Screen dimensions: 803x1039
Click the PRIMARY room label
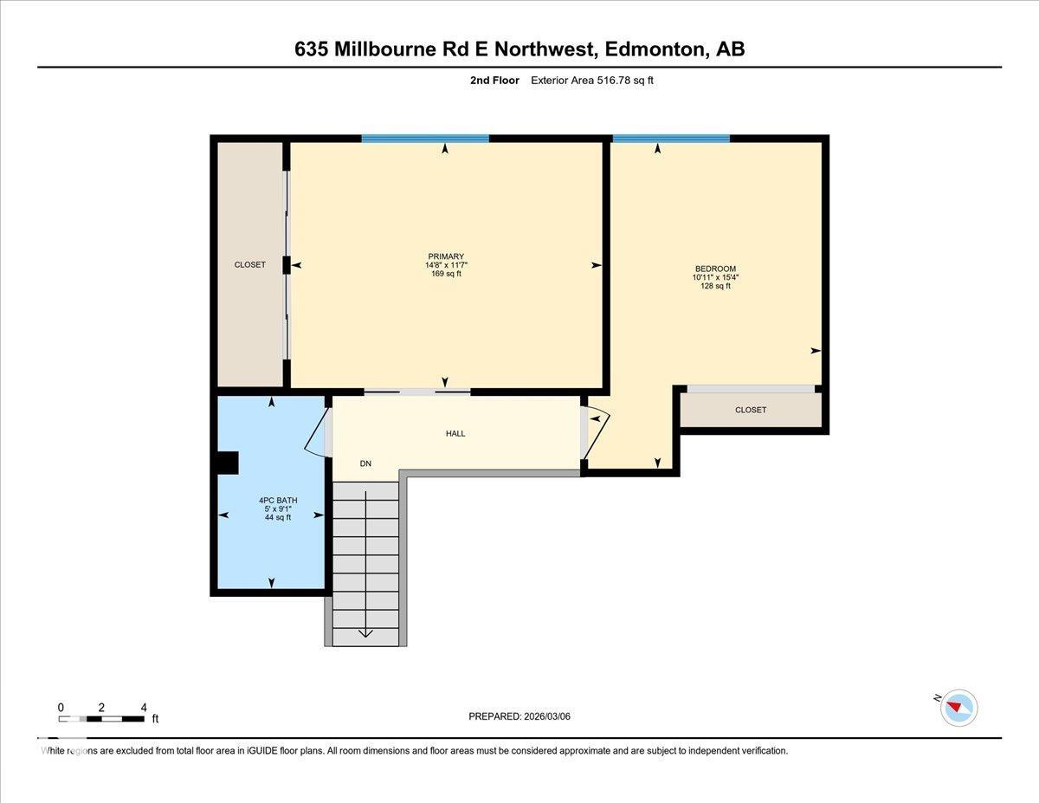pyautogui.click(x=446, y=256)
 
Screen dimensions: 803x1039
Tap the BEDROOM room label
pyautogui.click(x=715, y=269)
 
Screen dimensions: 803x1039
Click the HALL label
pyautogui.click(x=455, y=433)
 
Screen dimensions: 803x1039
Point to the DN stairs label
pyautogui.click(x=365, y=463)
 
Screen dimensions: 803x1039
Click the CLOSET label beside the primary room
pyautogui.click(x=250, y=264)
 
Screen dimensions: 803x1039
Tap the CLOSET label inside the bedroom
pyautogui.click(x=750, y=410)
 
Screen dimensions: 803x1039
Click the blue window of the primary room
pyautogui.click(x=425, y=139)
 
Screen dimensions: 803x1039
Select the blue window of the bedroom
pyautogui.click(x=671, y=139)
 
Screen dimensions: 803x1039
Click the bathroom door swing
pyautogui.click(x=316, y=431)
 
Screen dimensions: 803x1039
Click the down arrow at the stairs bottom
pyautogui.click(x=365, y=632)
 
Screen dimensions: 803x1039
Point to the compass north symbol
pyautogui.click(x=958, y=707)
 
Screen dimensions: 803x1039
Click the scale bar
pyautogui.click(x=101, y=718)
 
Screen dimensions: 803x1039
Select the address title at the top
pyautogui.click(x=519, y=49)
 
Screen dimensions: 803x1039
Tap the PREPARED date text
pyautogui.click(x=519, y=716)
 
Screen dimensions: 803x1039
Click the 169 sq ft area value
pyautogui.click(x=446, y=274)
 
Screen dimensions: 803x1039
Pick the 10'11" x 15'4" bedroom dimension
pyautogui.click(x=715, y=277)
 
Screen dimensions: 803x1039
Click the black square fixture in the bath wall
pyautogui.click(x=227, y=463)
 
